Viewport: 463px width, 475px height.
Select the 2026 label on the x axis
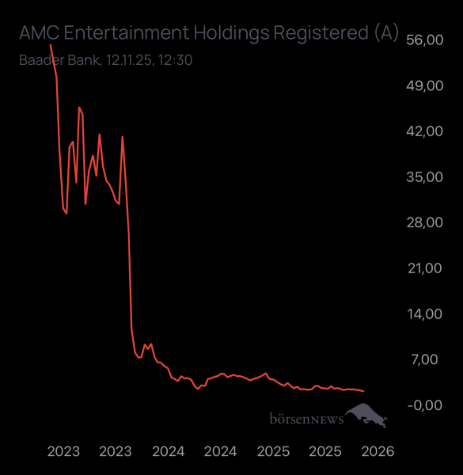[x=378, y=451]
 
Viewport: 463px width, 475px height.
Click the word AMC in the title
[x=39, y=33]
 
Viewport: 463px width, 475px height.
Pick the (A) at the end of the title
[x=386, y=33]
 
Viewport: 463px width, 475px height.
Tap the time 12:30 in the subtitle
[x=177, y=59]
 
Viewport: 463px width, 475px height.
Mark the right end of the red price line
[x=363, y=391]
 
